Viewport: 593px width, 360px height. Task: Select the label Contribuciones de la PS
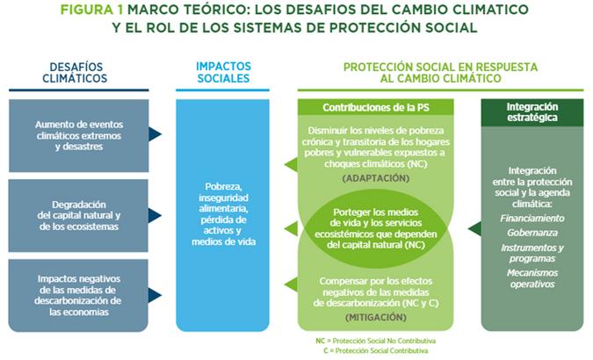[x=376, y=107]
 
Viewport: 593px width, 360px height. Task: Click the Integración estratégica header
[x=532, y=112]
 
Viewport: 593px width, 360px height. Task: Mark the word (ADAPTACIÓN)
[x=376, y=177]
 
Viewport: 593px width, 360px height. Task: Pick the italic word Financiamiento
[x=532, y=217]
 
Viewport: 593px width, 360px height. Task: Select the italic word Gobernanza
[x=532, y=233]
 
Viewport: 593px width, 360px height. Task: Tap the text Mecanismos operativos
[x=532, y=278]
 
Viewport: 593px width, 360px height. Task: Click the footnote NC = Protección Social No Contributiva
[x=376, y=340]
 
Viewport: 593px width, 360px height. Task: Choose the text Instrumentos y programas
[x=532, y=254]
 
